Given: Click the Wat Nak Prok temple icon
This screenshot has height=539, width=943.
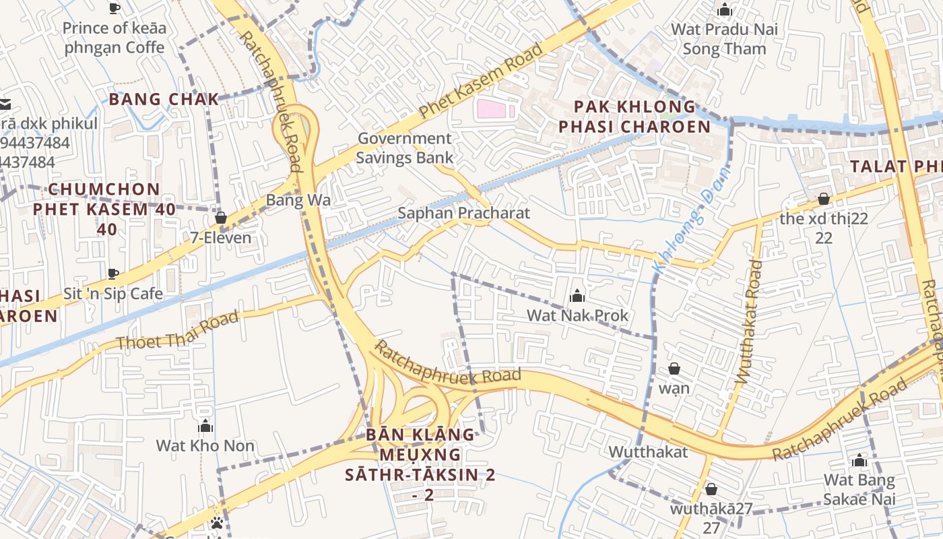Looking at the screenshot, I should click(577, 296).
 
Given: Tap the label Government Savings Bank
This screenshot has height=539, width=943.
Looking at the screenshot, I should click(404, 148).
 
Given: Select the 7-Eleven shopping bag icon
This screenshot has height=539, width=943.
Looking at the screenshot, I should click(220, 218).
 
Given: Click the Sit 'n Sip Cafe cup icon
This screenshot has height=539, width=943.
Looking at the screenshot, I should click(113, 274).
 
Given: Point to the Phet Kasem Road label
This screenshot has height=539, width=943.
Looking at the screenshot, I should click(480, 81).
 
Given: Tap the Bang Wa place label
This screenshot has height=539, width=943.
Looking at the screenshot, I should click(298, 200).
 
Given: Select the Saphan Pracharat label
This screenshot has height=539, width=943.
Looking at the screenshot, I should click(463, 214).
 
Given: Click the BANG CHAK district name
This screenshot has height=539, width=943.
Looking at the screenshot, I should click(164, 99).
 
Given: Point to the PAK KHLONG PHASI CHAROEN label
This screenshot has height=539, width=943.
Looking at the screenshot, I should click(634, 117).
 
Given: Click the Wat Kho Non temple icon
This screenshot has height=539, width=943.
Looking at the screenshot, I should click(205, 426).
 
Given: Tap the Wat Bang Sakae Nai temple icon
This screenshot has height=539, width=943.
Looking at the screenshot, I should click(859, 461).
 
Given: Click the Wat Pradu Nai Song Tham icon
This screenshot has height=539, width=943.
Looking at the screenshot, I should click(725, 10).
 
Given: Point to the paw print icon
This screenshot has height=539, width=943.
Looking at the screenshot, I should click(216, 523).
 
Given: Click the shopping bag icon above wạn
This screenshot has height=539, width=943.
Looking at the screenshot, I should click(674, 369).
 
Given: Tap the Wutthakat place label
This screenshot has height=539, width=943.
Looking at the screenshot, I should click(648, 452).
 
